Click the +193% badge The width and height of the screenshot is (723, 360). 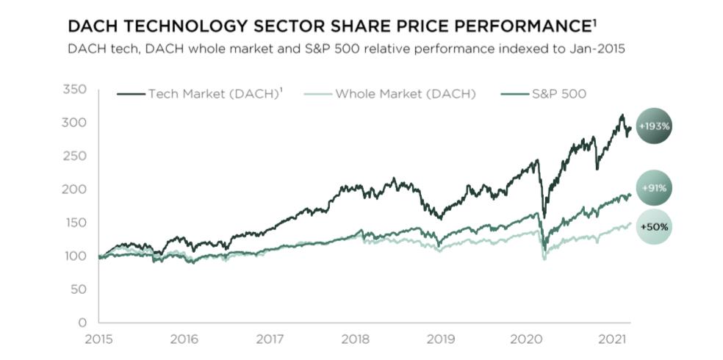653,126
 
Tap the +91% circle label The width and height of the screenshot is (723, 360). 653,187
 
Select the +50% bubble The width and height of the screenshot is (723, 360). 653,227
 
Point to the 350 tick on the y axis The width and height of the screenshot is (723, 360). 76,90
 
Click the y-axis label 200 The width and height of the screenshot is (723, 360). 76,190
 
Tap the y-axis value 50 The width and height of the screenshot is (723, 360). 79,289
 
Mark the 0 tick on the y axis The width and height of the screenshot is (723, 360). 82,323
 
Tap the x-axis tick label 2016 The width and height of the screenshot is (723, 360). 184,341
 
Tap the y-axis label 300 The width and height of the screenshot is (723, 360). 76,123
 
